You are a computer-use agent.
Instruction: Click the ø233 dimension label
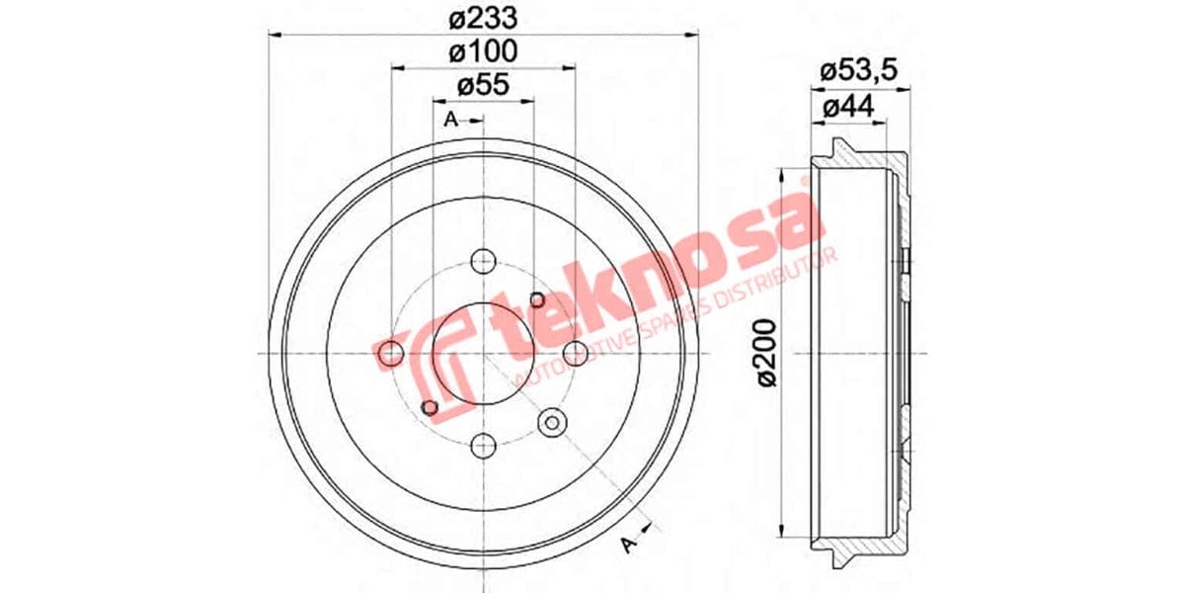483,17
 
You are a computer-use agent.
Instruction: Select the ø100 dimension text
483,51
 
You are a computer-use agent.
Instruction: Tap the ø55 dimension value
483,86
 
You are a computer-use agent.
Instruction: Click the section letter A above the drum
451,121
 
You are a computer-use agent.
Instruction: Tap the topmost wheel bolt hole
483,262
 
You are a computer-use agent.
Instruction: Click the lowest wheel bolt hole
483,446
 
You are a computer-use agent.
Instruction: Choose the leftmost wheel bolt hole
392,353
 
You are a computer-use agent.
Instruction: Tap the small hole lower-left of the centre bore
429,407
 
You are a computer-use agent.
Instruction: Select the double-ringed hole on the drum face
551,423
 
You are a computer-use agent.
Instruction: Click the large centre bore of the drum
483,353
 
